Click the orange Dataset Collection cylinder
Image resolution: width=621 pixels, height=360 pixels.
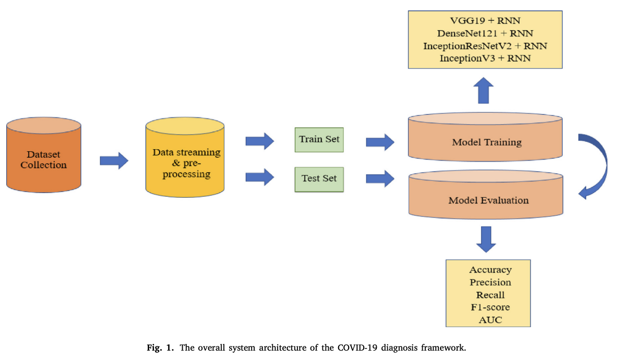coord(44,159)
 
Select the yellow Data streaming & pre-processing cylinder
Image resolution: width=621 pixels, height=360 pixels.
coord(186,162)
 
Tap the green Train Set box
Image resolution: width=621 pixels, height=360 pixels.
coord(319,139)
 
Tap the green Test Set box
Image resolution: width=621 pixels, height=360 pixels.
coord(319,178)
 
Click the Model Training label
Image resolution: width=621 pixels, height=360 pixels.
coord(486,142)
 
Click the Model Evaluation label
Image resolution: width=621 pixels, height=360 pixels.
coord(488,200)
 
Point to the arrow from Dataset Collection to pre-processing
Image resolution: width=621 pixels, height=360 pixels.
coord(114,160)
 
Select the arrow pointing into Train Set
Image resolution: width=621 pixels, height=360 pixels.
coord(259,140)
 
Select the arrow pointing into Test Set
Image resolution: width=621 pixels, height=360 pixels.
coord(259,178)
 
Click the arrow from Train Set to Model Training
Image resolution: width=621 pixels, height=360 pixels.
coord(380,141)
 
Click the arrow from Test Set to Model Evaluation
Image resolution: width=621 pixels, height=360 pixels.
coord(380,178)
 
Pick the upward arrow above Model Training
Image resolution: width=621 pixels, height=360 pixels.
coord(485,91)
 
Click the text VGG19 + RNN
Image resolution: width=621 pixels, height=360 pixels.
coord(485,21)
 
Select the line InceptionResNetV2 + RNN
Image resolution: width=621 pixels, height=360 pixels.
coord(485,46)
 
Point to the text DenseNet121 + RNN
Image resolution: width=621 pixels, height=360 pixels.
coord(485,33)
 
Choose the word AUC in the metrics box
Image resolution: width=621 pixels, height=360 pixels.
coord(490,319)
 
